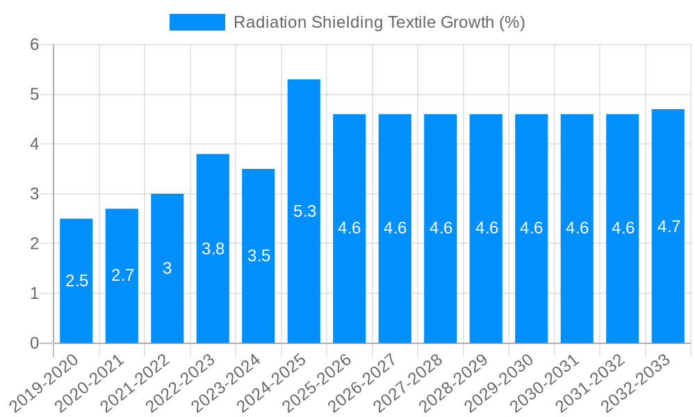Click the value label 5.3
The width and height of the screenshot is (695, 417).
pyautogui.click(x=304, y=212)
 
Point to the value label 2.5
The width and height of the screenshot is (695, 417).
pyautogui.click(x=76, y=281)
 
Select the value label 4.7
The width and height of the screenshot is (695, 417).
pyautogui.click(x=669, y=227)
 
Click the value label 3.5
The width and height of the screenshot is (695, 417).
pyautogui.click(x=259, y=256)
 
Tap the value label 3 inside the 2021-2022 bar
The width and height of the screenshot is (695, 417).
pyautogui.click(x=167, y=268)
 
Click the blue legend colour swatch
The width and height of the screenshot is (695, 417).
pyautogui.click(x=197, y=22)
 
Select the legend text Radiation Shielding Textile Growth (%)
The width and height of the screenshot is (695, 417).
pyautogui.click(x=379, y=22)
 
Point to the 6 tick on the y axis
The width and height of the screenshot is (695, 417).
pyautogui.click(x=35, y=44)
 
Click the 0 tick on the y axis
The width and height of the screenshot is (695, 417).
pyautogui.click(x=35, y=343)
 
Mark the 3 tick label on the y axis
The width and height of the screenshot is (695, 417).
pyautogui.click(x=35, y=194)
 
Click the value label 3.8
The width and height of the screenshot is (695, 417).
pyautogui.click(x=213, y=249)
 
